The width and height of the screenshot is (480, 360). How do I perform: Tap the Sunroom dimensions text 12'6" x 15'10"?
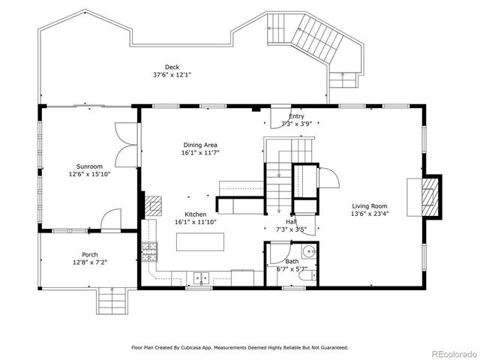coord(89,174)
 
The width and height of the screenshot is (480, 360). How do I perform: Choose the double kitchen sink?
coord(200,277)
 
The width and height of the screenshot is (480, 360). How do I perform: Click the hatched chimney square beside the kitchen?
coord(153,206)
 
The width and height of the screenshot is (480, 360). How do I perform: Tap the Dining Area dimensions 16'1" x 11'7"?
coord(199,152)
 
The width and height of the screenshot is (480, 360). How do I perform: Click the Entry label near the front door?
coord(296,116)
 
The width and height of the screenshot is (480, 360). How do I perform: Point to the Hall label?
coord(290,221)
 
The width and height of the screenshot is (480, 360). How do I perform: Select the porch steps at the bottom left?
coord(112,302)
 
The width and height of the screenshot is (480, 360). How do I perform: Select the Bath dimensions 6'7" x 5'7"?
coord(292,268)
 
